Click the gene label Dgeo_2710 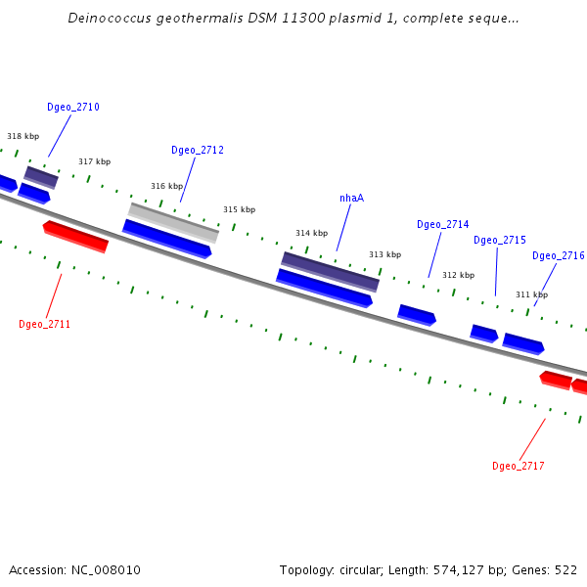[72, 108]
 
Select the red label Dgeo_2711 [44, 324]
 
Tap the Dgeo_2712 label [198, 151]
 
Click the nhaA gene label [351, 198]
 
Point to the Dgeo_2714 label [442, 225]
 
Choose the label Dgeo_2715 [500, 241]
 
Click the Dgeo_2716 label [558, 256]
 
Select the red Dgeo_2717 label [518, 466]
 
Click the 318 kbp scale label [23, 137]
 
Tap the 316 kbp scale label [166, 186]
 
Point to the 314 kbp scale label [311, 234]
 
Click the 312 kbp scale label [458, 276]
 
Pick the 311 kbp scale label [531, 294]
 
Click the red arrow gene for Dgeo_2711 [75, 236]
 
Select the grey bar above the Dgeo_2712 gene [173, 222]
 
